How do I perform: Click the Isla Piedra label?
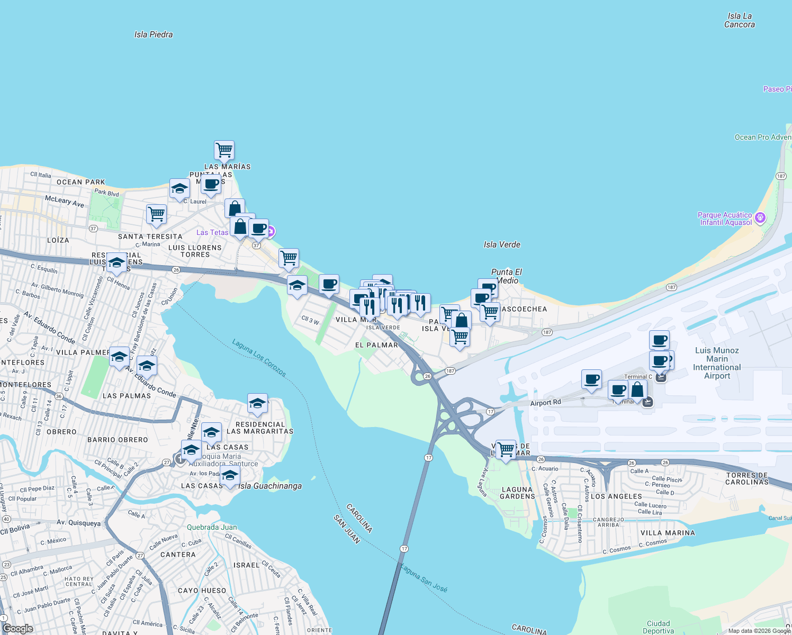(154, 34)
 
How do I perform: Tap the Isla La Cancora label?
(740, 20)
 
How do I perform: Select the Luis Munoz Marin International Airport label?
(717, 363)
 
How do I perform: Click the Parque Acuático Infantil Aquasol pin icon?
(760, 218)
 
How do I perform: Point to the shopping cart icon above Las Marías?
(224, 150)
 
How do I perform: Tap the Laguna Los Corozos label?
(259, 358)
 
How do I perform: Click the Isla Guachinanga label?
(270, 486)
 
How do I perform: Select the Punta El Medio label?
(507, 276)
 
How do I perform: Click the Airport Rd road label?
(545, 403)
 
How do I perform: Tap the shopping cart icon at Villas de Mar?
(506, 449)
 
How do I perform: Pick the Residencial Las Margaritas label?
(260, 428)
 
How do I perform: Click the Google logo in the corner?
(17, 629)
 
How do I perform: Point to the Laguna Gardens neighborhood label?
(517, 493)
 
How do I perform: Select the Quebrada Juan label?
(212, 527)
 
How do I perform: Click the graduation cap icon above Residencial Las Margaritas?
(257, 403)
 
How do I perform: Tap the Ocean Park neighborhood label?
(81, 182)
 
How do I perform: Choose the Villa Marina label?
(668, 533)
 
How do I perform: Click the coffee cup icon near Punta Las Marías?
(211, 184)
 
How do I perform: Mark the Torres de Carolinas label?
(746, 478)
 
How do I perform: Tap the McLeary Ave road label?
(64, 201)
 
